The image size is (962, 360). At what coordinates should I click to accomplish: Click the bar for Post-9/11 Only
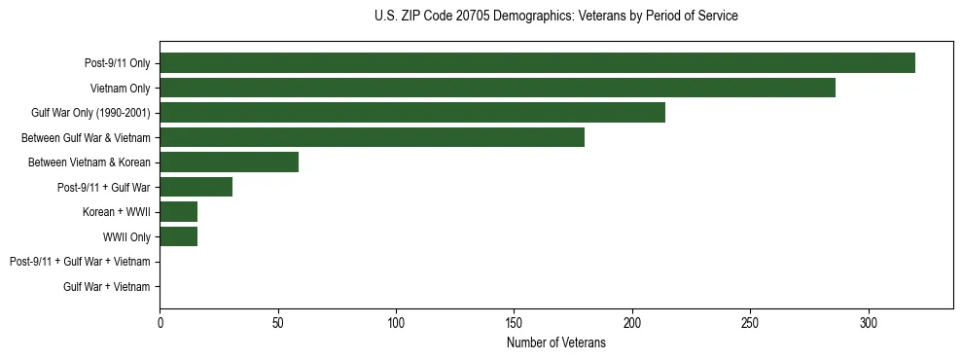point(537,63)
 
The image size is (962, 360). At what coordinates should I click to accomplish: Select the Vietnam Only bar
point(497,88)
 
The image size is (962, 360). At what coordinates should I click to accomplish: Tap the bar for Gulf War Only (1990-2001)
point(412,113)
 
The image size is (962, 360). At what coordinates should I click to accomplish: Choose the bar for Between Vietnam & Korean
point(229,162)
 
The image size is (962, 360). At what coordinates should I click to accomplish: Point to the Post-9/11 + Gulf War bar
point(196,187)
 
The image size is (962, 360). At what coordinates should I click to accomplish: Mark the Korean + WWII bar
point(178,212)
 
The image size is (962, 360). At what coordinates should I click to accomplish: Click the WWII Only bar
point(178,236)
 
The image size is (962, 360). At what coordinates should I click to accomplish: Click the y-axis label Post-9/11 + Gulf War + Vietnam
point(80,262)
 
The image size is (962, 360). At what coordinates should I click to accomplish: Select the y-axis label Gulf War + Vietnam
point(107,286)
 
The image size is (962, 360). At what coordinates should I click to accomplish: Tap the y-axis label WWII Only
point(126,236)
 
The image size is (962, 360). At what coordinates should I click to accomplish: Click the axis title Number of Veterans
point(555,342)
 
